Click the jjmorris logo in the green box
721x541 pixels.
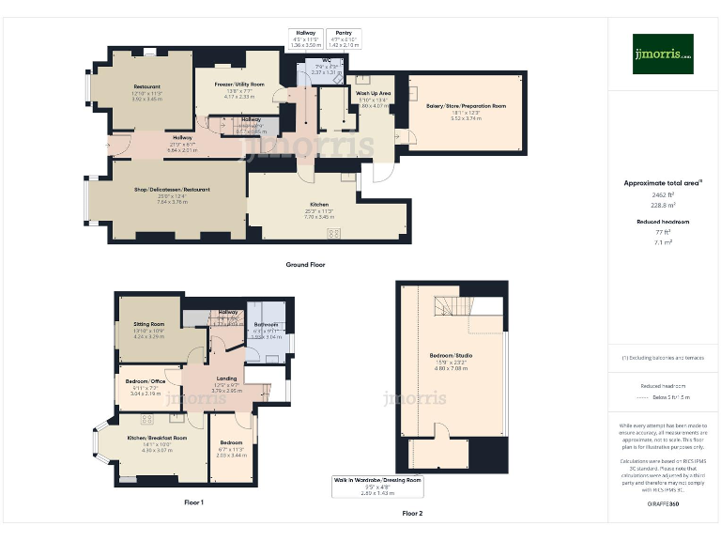point(663,54)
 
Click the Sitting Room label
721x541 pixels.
point(148,324)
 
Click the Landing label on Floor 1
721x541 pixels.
point(226,379)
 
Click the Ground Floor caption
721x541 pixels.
point(306,265)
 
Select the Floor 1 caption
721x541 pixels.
point(193,502)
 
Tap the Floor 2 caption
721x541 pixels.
point(412,514)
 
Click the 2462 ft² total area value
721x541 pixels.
point(663,193)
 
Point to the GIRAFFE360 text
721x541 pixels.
point(662,504)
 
